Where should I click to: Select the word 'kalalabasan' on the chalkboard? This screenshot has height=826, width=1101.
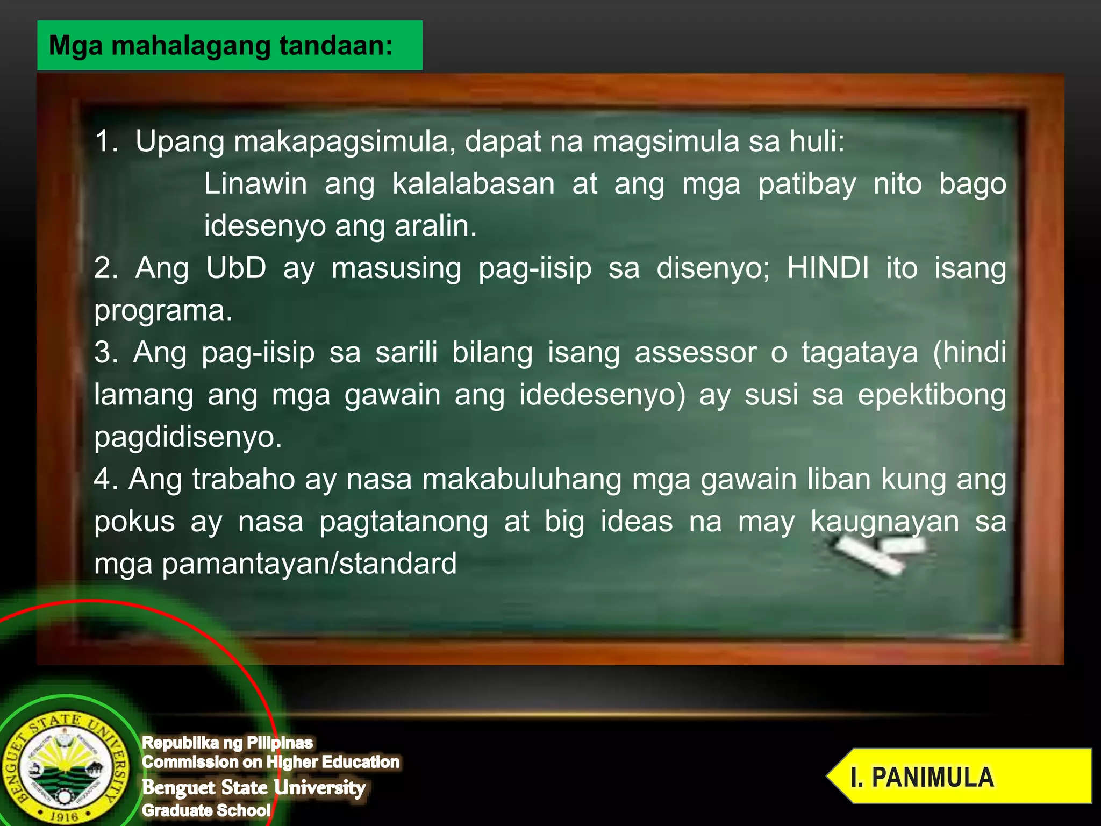[x=473, y=184]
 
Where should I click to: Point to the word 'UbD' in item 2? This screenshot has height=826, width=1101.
[x=236, y=268]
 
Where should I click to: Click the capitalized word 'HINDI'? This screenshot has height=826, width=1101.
[x=827, y=268]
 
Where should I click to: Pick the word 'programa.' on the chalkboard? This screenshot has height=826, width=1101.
[x=163, y=310]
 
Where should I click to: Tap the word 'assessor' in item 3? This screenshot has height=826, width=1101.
[x=695, y=353]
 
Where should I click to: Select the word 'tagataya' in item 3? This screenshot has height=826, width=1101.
[x=860, y=353]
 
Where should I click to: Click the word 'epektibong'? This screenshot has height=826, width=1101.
[x=931, y=395]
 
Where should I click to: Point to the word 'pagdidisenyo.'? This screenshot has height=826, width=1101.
[x=188, y=437]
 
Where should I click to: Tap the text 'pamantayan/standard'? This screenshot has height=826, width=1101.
[x=309, y=564]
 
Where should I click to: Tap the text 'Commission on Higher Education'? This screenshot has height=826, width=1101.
[x=271, y=762]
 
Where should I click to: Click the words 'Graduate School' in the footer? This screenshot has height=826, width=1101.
[x=206, y=810]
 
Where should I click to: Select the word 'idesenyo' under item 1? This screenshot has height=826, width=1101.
[x=264, y=226]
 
